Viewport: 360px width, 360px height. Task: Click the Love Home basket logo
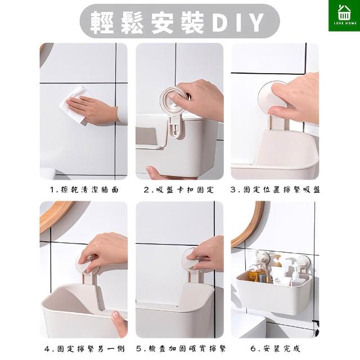(x=344, y=15)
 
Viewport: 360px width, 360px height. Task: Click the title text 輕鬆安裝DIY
(x=177, y=22)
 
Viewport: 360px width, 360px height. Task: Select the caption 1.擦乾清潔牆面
(x=84, y=190)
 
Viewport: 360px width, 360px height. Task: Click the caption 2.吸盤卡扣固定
(x=179, y=190)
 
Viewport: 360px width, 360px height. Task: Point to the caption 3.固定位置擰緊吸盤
(x=275, y=190)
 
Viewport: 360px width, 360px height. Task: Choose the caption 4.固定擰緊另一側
(x=84, y=349)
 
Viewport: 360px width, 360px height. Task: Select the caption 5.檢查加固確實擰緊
(x=181, y=349)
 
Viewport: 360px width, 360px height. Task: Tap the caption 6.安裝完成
(x=275, y=349)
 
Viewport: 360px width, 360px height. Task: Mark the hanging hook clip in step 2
(x=176, y=128)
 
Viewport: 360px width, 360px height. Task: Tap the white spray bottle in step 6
(x=295, y=273)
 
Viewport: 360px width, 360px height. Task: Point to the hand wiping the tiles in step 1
(x=92, y=110)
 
